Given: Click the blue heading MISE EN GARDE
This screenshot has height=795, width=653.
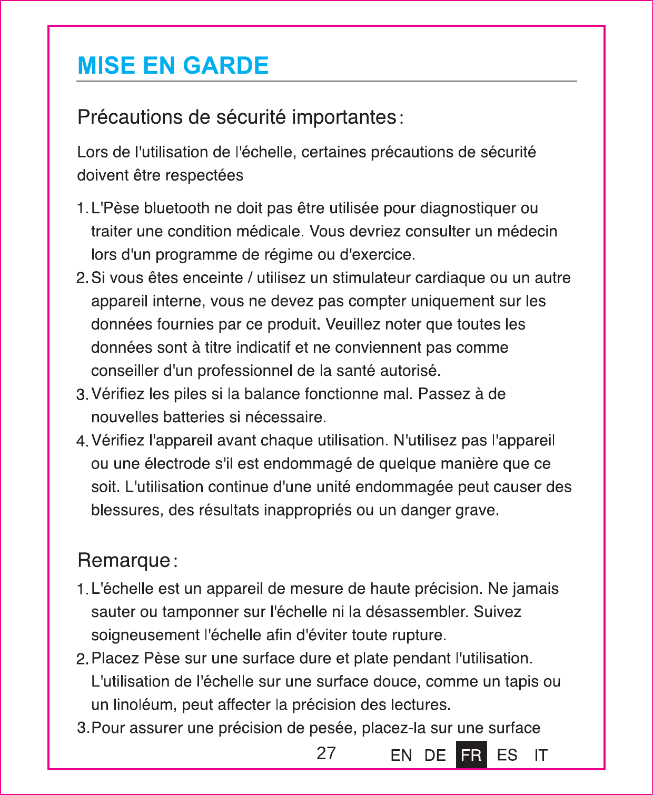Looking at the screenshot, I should [x=173, y=66].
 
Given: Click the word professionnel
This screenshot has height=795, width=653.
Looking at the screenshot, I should [x=245, y=371].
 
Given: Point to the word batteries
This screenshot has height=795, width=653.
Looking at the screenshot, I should [x=194, y=418].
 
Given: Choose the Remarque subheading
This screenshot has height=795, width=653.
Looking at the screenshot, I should [x=124, y=560].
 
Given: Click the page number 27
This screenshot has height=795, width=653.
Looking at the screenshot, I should [x=326, y=753].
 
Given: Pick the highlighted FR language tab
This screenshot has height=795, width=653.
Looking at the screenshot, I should [x=471, y=755].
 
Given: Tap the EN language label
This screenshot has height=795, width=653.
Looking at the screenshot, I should [x=401, y=756].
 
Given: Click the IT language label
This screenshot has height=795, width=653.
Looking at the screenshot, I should [x=541, y=756].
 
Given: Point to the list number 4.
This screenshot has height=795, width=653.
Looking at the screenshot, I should [x=82, y=441].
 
